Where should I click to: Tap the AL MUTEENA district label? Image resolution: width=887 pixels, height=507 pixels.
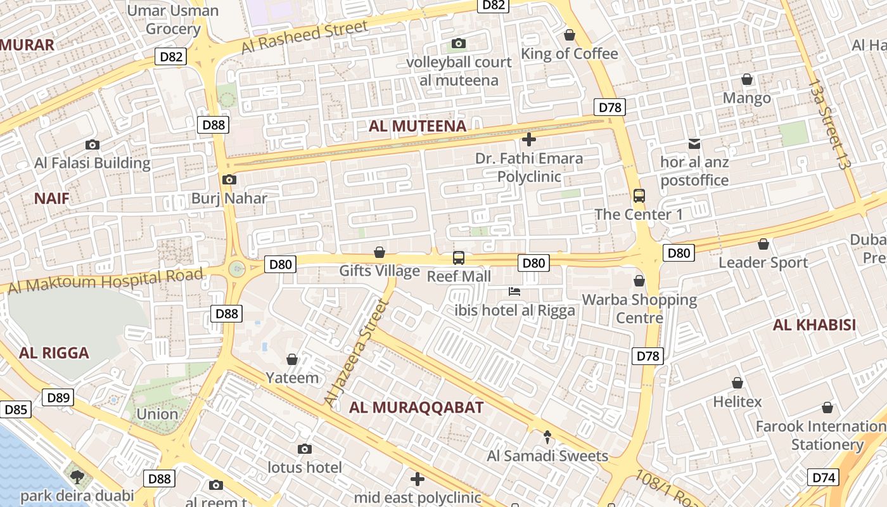(418, 126)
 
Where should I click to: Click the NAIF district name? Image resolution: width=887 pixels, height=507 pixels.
(51, 198)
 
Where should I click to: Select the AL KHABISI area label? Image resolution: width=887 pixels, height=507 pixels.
(814, 326)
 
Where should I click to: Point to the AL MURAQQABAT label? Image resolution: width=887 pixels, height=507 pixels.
(416, 408)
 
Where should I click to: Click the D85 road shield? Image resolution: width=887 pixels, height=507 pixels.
(15, 410)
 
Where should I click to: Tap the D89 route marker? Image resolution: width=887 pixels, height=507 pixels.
(58, 398)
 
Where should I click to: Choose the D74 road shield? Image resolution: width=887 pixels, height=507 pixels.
(823, 478)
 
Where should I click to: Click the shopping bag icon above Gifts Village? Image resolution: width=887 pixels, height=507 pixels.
(380, 252)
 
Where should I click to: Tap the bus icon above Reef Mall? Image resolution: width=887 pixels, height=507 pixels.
(458, 258)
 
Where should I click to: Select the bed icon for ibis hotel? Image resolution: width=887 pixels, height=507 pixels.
(514, 292)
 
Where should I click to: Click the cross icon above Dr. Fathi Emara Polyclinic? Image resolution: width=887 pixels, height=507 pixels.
(528, 139)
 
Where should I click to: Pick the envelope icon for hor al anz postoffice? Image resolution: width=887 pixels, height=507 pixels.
(694, 144)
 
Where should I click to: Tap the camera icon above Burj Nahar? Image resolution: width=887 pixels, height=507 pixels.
(229, 180)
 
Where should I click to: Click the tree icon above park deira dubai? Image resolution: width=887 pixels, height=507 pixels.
(77, 477)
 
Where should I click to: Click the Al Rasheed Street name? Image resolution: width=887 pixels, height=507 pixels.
(304, 37)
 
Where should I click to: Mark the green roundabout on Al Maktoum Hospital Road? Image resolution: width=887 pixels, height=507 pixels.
(237, 269)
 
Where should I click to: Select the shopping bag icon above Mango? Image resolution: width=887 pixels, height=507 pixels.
(747, 79)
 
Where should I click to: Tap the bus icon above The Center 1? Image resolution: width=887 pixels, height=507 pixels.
(639, 196)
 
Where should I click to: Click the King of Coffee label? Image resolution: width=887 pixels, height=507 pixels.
(569, 54)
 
